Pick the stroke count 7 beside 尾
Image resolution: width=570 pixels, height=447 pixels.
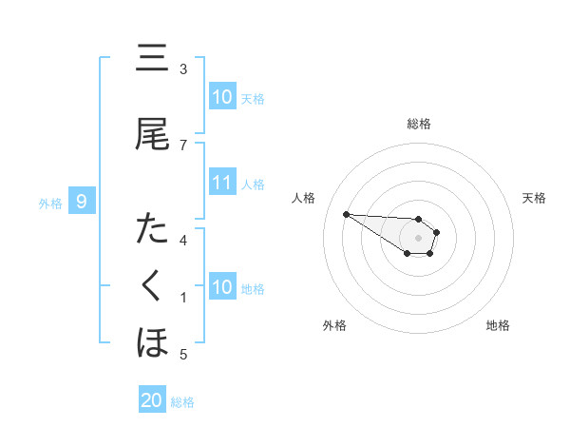pos(183,145)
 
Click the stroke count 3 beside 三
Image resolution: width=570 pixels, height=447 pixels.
pos(183,69)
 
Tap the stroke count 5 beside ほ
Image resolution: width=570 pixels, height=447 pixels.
pos(183,355)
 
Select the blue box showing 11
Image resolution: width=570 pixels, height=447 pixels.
pos(222,183)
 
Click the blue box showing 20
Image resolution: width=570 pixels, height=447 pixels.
pos(152,400)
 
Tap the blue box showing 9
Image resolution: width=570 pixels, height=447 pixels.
pos(83,202)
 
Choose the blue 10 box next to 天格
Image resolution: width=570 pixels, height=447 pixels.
pos(222,97)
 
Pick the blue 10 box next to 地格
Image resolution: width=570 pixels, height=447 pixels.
pos(222,287)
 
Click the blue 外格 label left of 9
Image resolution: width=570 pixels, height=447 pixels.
pos(50,203)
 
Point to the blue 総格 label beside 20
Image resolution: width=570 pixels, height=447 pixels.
pos(182,402)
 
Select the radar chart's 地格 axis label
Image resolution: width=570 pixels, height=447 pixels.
pos(498,325)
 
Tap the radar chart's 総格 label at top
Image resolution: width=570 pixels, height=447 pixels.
pos(419,124)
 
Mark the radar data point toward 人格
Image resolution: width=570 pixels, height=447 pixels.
pos(346,214)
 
